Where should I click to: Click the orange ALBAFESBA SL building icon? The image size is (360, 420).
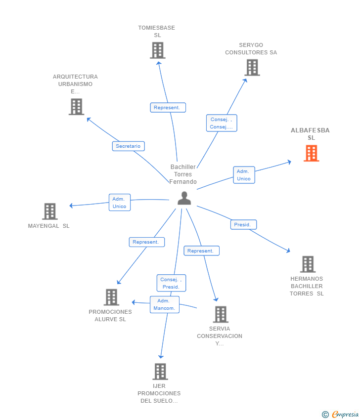311,154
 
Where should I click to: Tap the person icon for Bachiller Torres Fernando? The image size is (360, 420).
184,198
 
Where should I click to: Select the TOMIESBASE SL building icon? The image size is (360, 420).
157,50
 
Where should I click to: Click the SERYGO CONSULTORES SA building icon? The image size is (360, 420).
252,68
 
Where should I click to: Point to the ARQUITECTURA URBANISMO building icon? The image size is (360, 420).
76,107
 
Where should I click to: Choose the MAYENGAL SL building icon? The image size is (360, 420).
50,211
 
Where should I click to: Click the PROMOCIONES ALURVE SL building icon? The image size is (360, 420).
111,297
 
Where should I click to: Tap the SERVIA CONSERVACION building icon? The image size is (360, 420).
220,314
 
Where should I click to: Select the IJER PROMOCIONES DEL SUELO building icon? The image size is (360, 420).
160,372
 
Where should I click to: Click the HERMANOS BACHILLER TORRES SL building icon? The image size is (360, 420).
308,264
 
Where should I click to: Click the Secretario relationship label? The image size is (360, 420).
128,146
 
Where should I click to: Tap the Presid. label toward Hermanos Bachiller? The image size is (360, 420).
243,225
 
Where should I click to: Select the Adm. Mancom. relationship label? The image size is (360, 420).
165,304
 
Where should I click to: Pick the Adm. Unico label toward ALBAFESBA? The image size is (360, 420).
244,175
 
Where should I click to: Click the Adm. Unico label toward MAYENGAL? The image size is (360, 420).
120,203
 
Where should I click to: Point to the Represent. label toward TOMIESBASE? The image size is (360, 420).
168,107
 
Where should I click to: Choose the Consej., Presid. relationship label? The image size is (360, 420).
171,283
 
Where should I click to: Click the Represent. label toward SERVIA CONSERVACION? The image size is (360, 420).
201,251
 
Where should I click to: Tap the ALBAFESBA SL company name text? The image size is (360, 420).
311,134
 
